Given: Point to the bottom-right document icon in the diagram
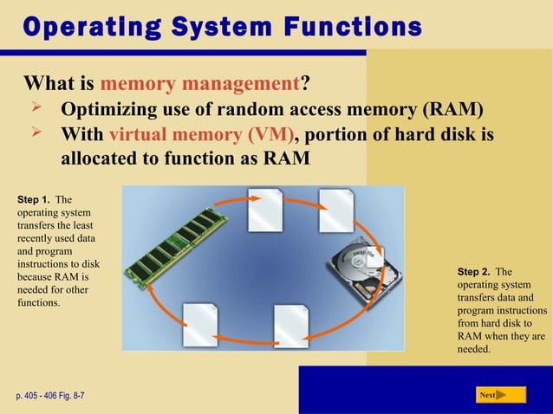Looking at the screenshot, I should click(x=290, y=326).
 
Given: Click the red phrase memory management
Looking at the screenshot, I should click(x=199, y=85).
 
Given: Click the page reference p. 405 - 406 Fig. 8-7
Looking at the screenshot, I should click(x=49, y=396).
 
